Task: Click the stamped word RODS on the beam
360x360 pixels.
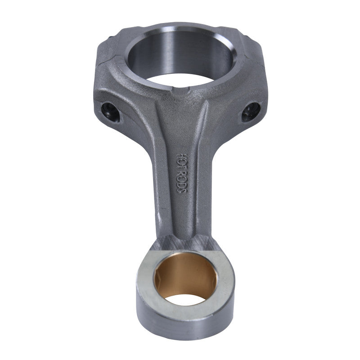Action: point(182,183)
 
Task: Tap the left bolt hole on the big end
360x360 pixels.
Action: point(110,112)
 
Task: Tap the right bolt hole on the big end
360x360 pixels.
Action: point(251,112)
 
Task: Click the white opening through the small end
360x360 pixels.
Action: point(185,300)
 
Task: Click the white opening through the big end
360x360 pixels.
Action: point(180,81)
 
